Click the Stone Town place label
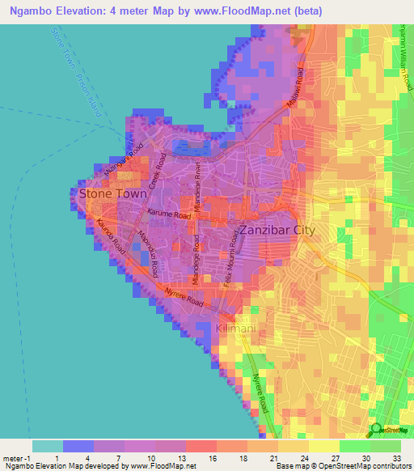112,194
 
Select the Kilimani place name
236,329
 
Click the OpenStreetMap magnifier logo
375,430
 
